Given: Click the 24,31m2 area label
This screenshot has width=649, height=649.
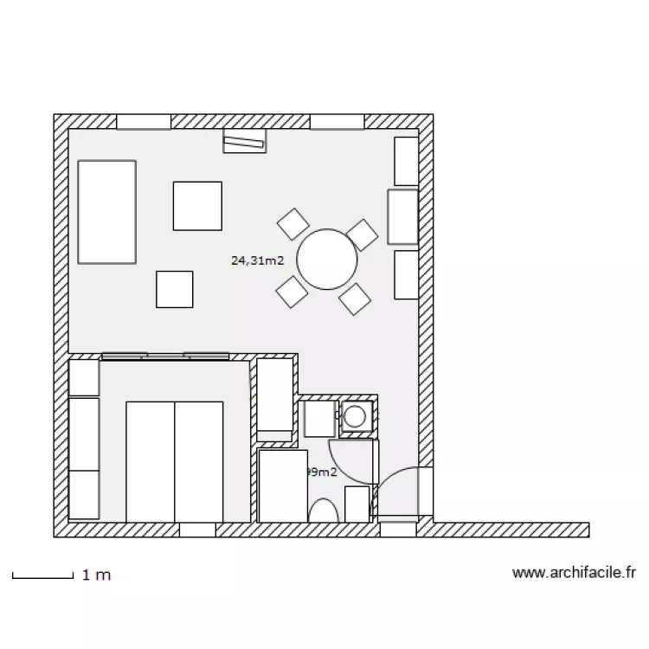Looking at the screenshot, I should pos(258,260).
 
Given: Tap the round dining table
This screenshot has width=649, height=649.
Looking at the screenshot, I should pos(327,259).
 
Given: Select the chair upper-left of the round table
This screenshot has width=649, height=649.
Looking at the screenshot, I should pos(293,223).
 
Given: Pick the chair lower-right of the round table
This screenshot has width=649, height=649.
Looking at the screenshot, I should pos(355,299).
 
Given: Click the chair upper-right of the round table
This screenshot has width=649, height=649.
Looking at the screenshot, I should pos(362,234).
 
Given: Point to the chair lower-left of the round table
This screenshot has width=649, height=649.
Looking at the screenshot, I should pos(292,292).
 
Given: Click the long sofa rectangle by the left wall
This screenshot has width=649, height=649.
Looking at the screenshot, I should pos(107,211).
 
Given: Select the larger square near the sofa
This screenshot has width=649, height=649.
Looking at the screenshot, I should pos(197,205).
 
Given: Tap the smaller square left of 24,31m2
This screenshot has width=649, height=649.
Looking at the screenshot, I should pos(175,289).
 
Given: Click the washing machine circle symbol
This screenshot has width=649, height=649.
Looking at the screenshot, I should pos(356,417).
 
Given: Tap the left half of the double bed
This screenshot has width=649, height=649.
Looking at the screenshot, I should pos(151,461).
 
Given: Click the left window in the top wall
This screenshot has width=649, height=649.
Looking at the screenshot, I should pos(144,122).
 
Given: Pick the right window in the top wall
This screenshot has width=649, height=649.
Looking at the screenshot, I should pos(337,122).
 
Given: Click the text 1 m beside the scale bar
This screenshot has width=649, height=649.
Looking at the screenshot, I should pos(96,575).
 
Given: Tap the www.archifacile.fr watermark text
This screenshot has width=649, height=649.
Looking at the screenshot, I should pos(575,572).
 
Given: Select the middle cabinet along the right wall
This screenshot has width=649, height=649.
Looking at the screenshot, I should pos(402,216).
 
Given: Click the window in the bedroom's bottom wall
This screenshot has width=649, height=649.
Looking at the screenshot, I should pos(196,530).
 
